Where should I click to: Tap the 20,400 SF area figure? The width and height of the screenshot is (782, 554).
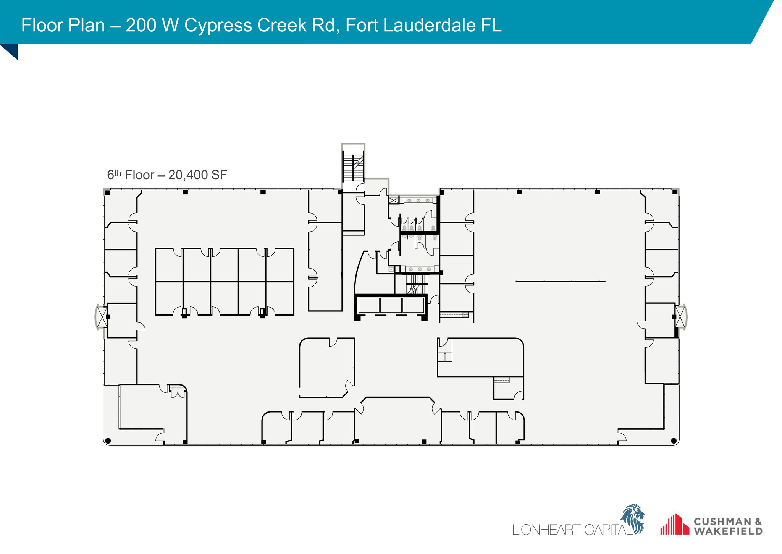click(x=197, y=175)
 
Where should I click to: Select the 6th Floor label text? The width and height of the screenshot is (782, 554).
click(x=130, y=175)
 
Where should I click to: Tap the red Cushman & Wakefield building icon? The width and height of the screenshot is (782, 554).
click(x=674, y=524)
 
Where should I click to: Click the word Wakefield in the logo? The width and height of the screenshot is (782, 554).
click(x=728, y=531)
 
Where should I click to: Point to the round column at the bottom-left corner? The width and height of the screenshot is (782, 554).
click(x=108, y=441)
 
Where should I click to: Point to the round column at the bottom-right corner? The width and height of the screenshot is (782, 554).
click(x=674, y=441)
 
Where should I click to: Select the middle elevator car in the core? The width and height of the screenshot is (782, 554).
click(x=391, y=305)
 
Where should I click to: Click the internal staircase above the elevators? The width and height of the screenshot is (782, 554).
click(x=416, y=284)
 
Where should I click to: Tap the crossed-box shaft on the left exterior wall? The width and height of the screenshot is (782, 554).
click(x=102, y=317)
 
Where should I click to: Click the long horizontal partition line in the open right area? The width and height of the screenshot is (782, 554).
click(x=560, y=281)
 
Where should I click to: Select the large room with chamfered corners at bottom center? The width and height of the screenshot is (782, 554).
click(x=397, y=420)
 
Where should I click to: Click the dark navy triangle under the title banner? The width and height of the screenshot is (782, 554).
click(x=11, y=50)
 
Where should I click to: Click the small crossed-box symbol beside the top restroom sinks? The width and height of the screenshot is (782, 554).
click(x=394, y=200)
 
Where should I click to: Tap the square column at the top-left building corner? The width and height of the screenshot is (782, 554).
click(x=107, y=193)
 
